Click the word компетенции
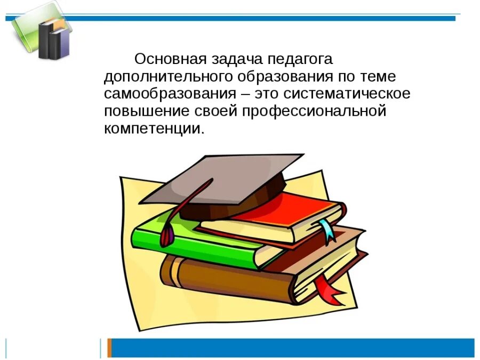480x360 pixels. pos(153,130)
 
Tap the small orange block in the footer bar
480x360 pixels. pos(109,348)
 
